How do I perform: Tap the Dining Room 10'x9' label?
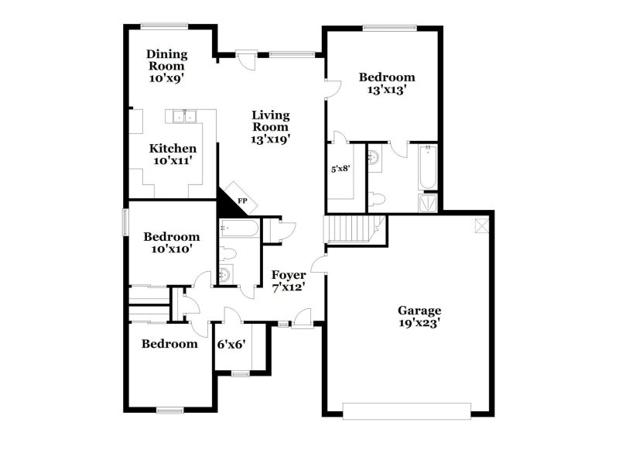coord(166,65)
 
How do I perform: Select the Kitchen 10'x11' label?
coord(173,154)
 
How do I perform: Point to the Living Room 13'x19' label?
coord(270,127)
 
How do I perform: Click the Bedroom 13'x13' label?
coord(387,83)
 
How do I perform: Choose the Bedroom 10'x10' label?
coord(172,242)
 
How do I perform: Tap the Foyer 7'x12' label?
coord(288,280)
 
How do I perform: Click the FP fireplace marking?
coord(242,201)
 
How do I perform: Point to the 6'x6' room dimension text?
coord(231,344)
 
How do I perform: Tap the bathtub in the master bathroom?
coord(426,167)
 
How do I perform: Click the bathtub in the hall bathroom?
coord(238,228)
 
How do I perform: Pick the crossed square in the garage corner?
coord(481,225)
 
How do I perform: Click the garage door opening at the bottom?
coord(407,410)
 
